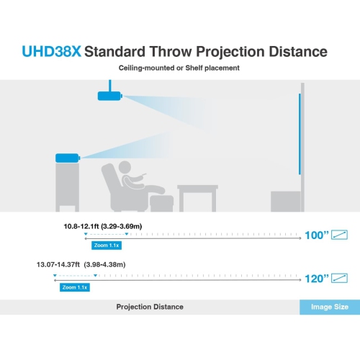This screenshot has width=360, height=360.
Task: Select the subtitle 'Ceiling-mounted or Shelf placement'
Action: point(179,68)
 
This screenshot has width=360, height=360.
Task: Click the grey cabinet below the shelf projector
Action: point(68,187)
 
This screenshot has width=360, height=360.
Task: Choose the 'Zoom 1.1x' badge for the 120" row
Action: point(74,287)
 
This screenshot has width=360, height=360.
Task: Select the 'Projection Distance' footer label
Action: point(150,307)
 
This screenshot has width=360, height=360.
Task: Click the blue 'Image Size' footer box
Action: point(330,307)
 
